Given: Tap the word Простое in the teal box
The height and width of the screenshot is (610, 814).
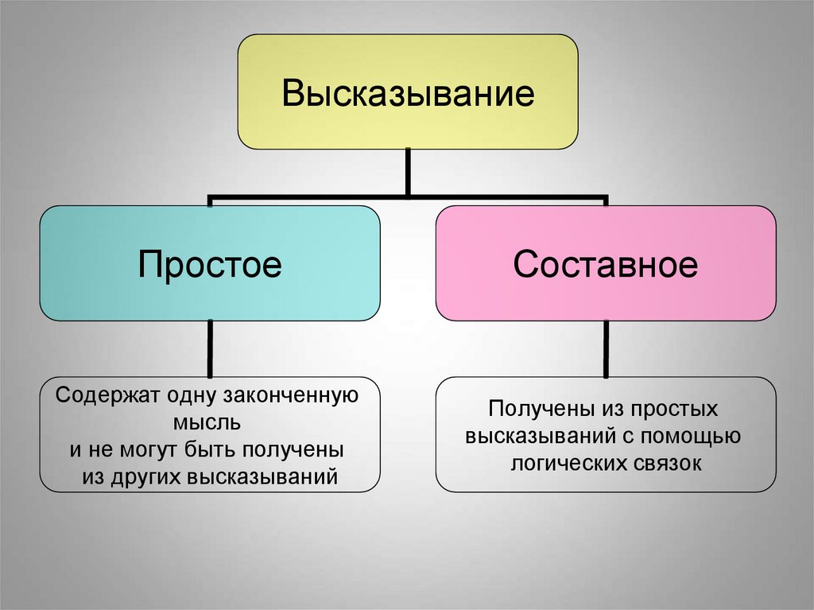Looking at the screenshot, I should (x=210, y=263).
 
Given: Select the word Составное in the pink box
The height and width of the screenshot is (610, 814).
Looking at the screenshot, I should (x=605, y=263).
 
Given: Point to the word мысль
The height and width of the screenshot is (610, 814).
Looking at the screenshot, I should (x=210, y=422).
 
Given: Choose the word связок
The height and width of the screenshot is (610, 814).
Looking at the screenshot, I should (x=673, y=464).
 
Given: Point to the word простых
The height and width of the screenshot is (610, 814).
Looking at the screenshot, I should (x=675, y=409).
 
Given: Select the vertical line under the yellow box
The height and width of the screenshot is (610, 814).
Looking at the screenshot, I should (x=408, y=171).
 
